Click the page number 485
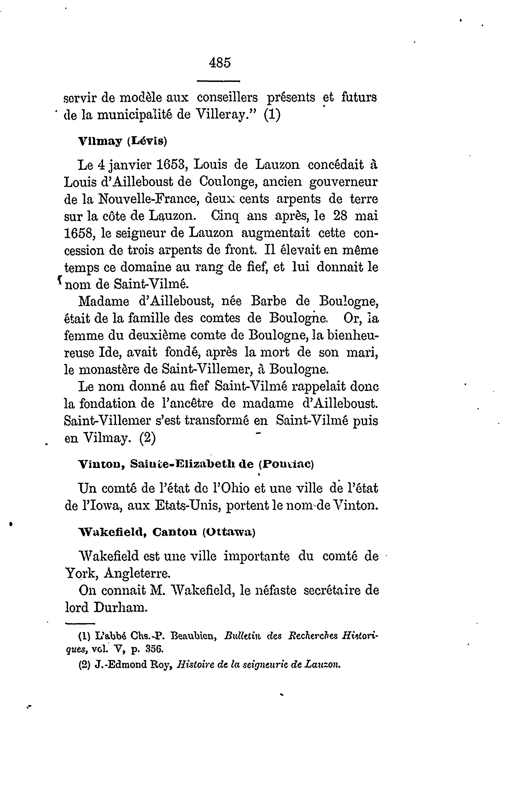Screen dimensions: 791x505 point(220,62)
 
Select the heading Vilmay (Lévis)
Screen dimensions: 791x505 point(123,141)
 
